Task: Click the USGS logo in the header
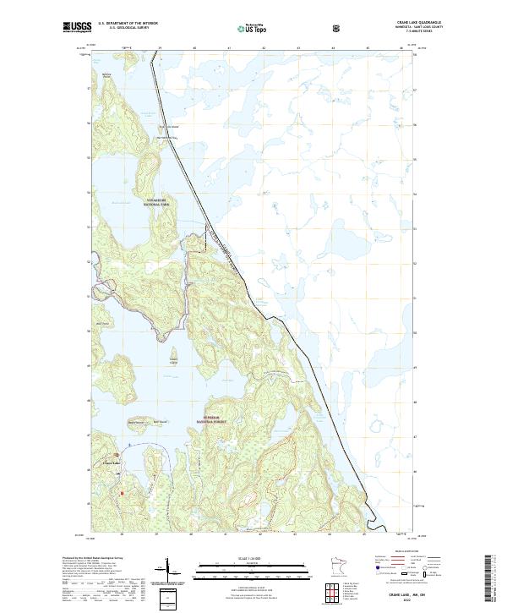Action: [77, 27]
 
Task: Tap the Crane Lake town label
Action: [112, 462]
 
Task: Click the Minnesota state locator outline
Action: [335, 566]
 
